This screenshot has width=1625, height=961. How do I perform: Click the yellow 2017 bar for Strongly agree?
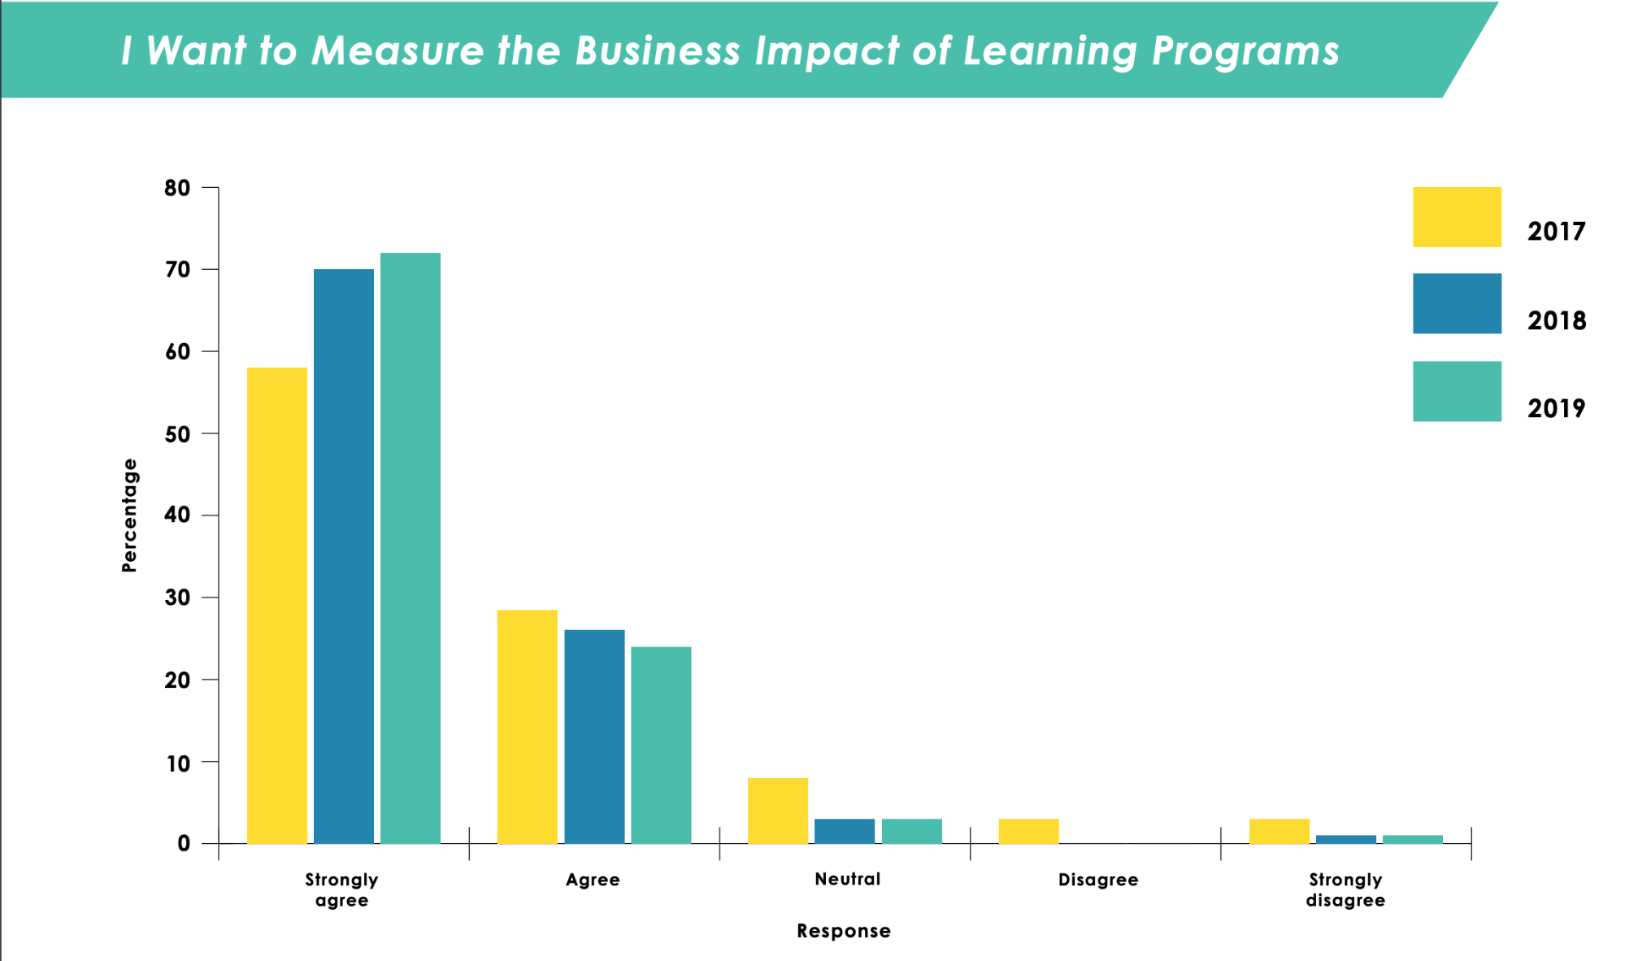[277, 605]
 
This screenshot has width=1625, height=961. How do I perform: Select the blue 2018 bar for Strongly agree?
[344, 556]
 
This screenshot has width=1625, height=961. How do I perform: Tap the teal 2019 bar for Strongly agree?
[411, 548]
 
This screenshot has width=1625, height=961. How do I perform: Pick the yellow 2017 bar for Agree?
[528, 726]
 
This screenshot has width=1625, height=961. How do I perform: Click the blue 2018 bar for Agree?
[594, 736]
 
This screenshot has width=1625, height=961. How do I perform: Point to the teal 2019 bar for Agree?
[661, 745]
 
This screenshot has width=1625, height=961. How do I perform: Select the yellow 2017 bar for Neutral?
[778, 811]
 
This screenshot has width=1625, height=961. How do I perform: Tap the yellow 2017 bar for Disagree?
[1028, 831]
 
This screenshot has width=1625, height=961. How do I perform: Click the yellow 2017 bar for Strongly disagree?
[1280, 831]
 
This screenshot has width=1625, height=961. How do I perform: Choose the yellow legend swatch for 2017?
[1457, 217]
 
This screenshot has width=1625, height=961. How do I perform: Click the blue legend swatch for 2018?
[1457, 303]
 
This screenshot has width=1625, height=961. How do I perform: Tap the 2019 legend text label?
[1556, 408]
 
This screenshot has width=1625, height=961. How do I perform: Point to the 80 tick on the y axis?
[177, 188]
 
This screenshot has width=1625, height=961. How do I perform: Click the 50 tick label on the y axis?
[177, 434]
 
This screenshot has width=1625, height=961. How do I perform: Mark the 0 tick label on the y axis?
[184, 844]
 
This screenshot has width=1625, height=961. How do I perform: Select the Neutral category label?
[847, 879]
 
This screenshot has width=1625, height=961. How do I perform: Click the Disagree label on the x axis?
[1097, 880]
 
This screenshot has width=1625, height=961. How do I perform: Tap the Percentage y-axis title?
[129, 515]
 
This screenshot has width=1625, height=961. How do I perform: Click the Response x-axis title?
[843, 931]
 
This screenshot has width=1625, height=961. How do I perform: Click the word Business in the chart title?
[658, 50]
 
